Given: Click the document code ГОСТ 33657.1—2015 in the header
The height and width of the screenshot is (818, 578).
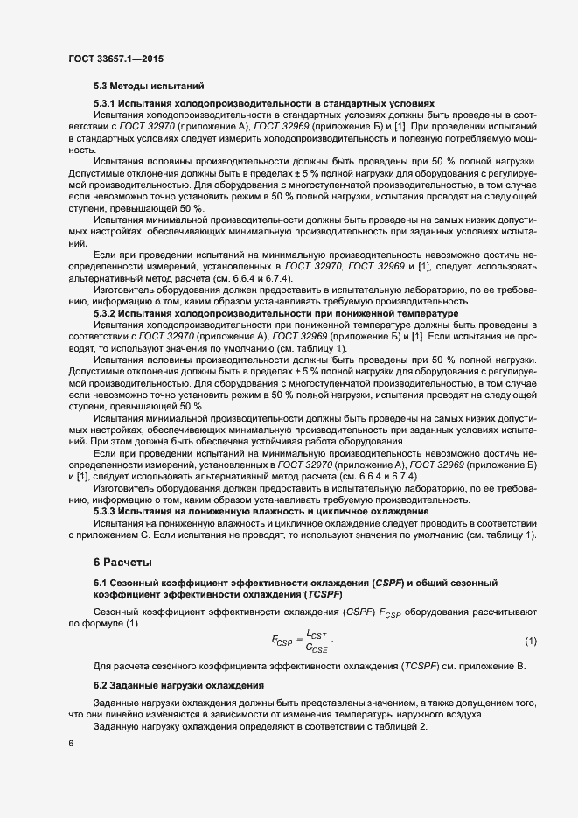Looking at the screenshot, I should point(115,59).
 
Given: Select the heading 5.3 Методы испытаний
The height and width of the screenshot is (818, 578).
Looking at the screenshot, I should point(149,87).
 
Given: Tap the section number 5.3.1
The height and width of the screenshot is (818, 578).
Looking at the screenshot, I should point(106,104).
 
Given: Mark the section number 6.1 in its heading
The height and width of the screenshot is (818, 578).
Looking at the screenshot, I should point(101,583).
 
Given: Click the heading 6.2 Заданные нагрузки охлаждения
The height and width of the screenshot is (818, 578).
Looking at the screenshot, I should point(174,684).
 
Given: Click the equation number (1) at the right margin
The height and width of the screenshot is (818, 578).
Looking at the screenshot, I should point(530,643).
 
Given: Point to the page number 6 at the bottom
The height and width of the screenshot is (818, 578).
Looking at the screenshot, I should point(71,745).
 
